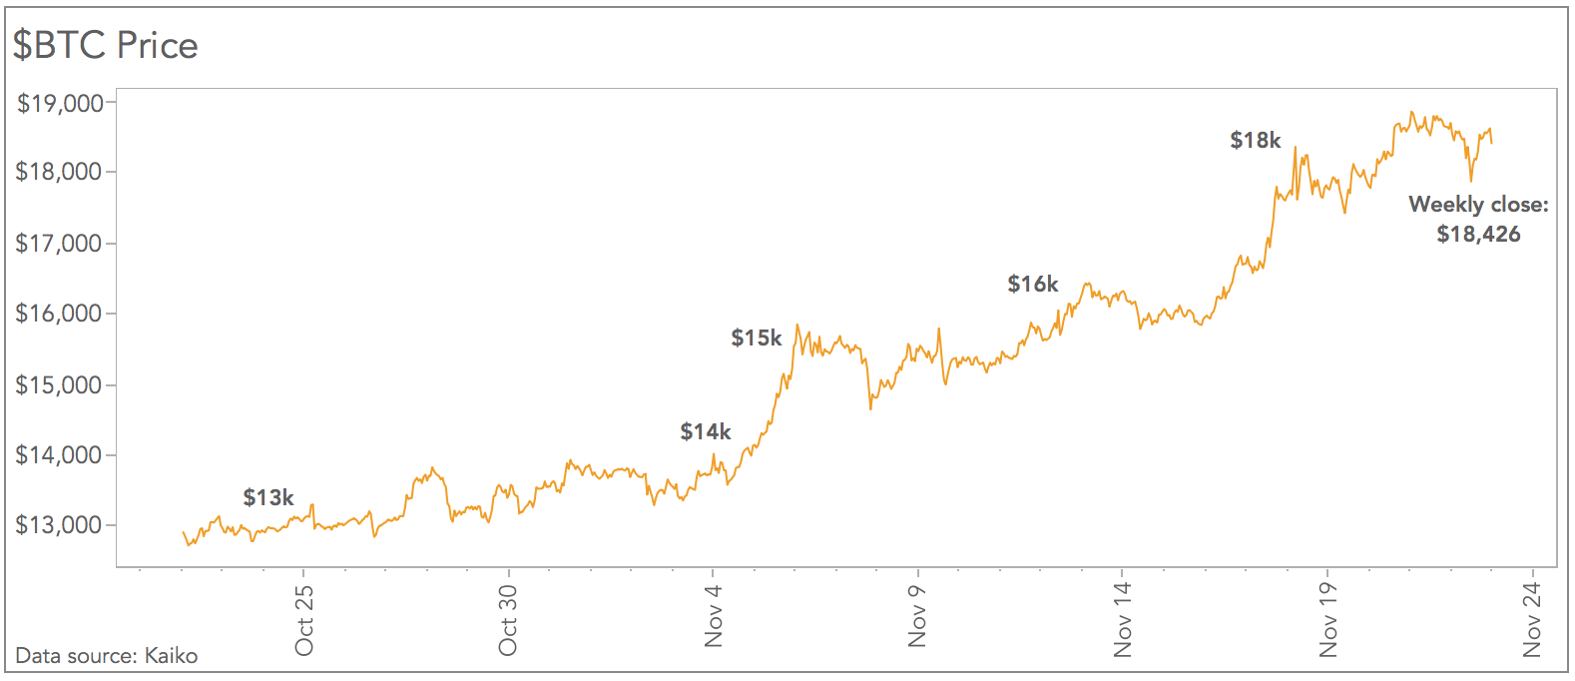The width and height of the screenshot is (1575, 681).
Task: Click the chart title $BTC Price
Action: (x=105, y=45)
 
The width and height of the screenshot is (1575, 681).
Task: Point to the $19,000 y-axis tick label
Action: (x=60, y=103)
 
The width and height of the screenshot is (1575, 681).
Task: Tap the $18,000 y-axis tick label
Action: (x=60, y=172)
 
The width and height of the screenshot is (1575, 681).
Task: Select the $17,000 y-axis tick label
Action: (x=60, y=243)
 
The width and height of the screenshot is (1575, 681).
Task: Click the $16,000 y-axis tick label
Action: (x=60, y=314)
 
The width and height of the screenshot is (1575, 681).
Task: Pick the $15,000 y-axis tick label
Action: (x=60, y=384)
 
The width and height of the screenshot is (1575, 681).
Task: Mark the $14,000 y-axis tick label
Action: (x=60, y=455)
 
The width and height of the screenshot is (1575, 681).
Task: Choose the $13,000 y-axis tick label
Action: (x=60, y=525)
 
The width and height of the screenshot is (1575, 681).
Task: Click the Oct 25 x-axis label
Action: (x=304, y=619)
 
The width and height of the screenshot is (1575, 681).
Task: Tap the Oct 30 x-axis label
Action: (x=509, y=619)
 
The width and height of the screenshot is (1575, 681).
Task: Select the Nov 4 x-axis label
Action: (x=714, y=616)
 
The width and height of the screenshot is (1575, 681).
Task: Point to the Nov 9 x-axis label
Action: (x=918, y=616)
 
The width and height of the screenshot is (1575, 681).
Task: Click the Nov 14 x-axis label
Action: (x=1123, y=619)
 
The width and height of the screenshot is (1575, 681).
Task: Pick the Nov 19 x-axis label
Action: (x=1327, y=619)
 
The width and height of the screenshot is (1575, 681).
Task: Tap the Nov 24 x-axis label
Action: (x=1532, y=619)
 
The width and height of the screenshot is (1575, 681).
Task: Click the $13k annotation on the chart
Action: (x=268, y=497)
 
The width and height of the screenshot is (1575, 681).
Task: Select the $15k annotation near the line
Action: (x=757, y=338)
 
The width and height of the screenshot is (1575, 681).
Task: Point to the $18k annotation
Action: (x=1256, y=140)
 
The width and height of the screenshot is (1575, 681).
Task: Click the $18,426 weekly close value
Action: (x=1478, y=235)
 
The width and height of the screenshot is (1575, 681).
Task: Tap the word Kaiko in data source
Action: (x=171, y=656)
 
